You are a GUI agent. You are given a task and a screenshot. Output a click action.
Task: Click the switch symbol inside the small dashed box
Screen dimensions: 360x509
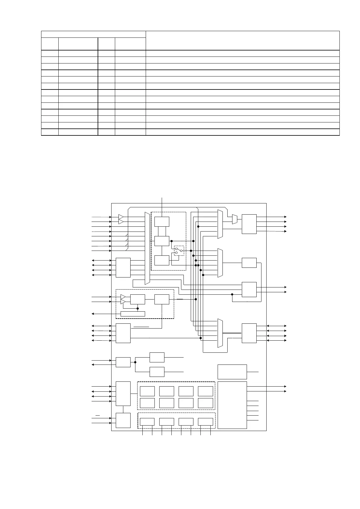[179, 251]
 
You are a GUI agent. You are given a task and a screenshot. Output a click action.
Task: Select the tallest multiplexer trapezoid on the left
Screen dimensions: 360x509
[147, 248]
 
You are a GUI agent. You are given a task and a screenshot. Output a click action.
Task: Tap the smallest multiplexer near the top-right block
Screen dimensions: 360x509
[235, 219]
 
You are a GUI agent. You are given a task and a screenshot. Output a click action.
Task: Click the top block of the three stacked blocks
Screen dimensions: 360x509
[162, 222]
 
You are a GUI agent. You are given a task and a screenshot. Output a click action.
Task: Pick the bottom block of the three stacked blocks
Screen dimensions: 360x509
[162, 260]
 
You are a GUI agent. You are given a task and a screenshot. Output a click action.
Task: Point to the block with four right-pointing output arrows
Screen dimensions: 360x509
[249, 224]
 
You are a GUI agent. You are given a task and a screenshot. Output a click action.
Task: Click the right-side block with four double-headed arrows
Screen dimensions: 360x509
[249, 333]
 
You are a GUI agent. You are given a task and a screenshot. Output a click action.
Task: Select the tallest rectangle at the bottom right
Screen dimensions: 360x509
[232, 405]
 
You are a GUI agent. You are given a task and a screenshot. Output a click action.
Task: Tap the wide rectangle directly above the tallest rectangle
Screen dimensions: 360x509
[232, 372]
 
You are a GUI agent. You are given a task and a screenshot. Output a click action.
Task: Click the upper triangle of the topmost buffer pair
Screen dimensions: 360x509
[121, 217]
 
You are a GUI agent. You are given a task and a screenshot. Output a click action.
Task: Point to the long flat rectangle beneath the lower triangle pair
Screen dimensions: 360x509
[133, 314]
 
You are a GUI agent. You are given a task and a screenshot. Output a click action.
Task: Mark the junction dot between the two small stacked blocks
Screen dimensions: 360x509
[135, 362]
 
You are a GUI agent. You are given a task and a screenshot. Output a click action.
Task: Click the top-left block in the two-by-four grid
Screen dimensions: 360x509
[147, 391]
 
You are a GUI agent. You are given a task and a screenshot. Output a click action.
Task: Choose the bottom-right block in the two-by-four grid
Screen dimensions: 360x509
[206, 403]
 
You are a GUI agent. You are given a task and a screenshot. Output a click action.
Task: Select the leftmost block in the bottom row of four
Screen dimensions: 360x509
[147, 422]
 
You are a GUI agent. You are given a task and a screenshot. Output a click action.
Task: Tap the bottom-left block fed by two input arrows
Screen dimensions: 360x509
[123, 420]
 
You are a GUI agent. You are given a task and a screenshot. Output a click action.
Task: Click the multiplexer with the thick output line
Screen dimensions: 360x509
[220, 333]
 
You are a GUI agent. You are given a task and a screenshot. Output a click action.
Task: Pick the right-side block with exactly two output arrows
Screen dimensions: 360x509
[249, 290]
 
